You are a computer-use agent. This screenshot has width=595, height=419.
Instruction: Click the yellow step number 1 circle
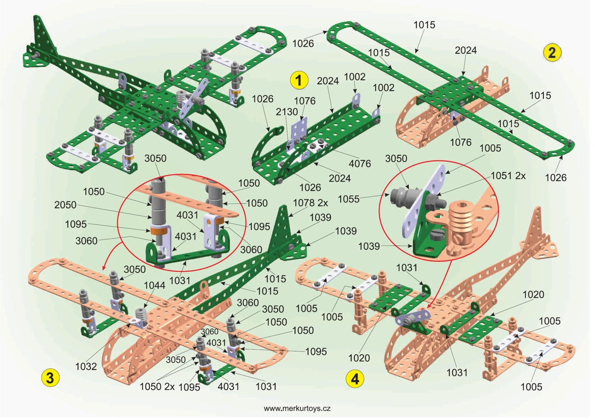click(x=298, y=79)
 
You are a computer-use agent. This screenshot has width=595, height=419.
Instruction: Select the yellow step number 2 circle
click(x=552, y=52)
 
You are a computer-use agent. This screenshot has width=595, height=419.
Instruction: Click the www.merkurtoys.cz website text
click(x=297, y=409)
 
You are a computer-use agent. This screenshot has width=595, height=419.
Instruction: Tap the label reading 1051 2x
click(x=512, y=176)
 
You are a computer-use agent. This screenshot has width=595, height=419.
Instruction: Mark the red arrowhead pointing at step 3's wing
click(x=104, y=268)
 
